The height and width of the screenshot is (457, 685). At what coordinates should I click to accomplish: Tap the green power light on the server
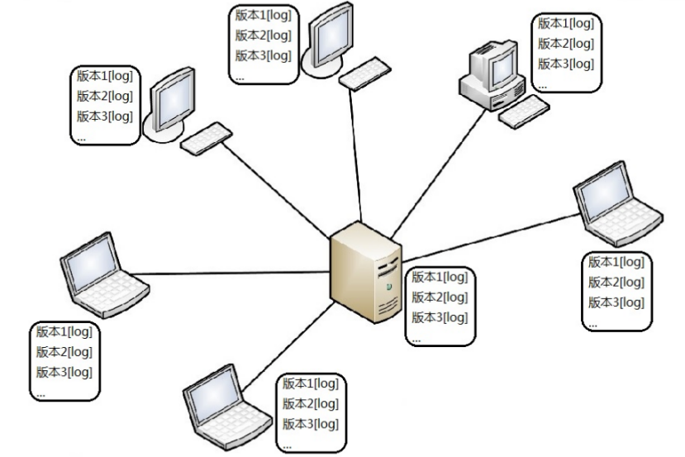pyautogui.click(x=388, y=286)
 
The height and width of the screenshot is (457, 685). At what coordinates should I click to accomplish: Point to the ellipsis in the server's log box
pyautogui.click(x=416, y=339)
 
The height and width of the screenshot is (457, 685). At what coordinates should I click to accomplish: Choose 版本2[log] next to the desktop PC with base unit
pyautogui.click(x=565, y=44)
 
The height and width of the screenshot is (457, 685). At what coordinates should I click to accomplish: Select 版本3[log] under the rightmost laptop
pyautogui.click(x=615, y=302)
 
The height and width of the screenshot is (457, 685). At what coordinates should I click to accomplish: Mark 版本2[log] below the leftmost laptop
pyautogui.click(x=63, y=352)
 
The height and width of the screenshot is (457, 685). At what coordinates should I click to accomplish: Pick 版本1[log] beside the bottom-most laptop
pyautogui.click(x=310, y=384)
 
